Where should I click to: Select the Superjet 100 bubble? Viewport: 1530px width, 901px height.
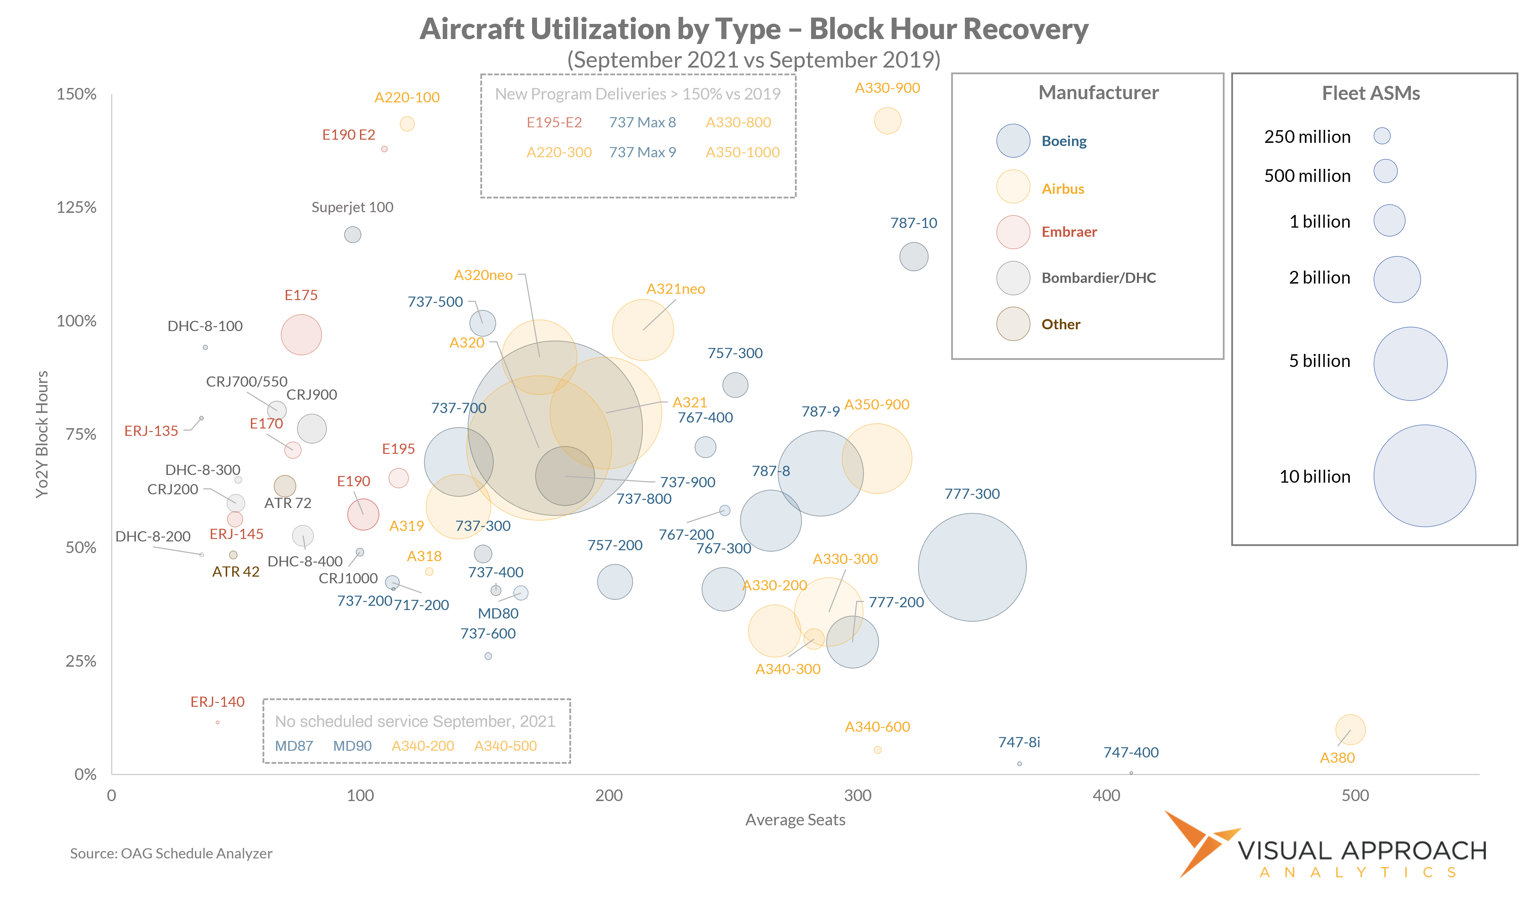coord(352,234)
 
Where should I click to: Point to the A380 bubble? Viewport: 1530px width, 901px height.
coord(1350,729)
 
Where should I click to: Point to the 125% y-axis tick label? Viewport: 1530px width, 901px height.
coord(76,208)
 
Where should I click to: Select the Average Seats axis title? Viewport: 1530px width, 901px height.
coord(795,820)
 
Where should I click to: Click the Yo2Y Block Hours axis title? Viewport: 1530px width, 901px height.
coord(41,434)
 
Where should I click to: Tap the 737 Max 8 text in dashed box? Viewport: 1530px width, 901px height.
coord(642,123)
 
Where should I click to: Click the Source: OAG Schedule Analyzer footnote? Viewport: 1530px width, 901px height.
coord(171,853)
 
